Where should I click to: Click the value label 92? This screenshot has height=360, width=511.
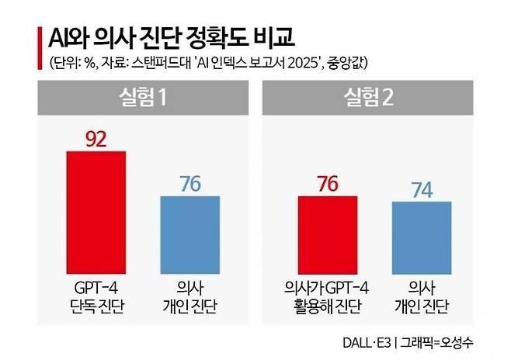[96, 139]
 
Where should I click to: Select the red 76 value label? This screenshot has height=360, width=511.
[328, 184]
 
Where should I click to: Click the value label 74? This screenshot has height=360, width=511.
[422, 189]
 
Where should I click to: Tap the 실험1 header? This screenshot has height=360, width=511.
[140, 97]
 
